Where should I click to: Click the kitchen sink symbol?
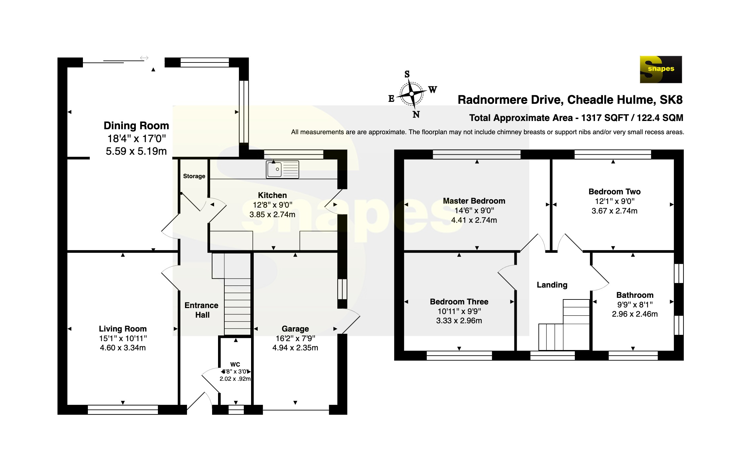(x=282, y=170)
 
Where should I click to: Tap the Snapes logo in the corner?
(x=661, y=69)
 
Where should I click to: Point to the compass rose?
(x=412, y=94)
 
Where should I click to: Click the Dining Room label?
(x=136, y=126)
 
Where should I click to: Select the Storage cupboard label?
(x=194, y=176)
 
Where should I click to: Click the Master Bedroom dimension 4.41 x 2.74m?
(x=474, y=220)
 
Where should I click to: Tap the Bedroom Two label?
(x=614, y=192)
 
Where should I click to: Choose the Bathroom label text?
(x=635, y=295)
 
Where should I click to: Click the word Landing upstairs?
(x=552, y=285)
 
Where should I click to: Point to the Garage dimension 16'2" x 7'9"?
(x=295, y=338)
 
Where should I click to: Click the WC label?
(x=235, y=364)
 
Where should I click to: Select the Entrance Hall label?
(x=202, y=310)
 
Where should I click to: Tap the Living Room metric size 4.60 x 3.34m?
(x=123, y=348)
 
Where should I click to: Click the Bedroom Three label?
(x=459, y=302)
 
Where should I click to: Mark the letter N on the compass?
(x=416, y=114)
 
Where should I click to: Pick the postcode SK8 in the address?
(x=671, y=100)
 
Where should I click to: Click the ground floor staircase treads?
(x=238, y=307)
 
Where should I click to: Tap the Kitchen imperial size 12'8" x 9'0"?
(x=273, y=205)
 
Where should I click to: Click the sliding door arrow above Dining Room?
(x=144, y=58)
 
